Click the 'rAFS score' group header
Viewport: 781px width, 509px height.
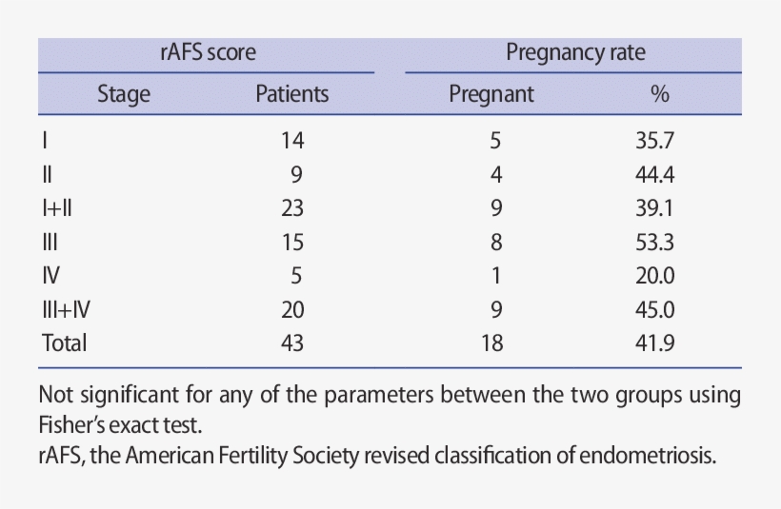point(208,53)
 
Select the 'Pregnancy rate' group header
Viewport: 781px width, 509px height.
point(575,53)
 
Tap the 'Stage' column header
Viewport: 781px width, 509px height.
point(124,94)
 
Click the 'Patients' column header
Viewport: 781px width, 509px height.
point(292,94)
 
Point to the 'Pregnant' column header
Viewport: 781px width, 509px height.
point(491,94)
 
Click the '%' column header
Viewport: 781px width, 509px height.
point(659,94)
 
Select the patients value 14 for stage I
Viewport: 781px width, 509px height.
point(292,141)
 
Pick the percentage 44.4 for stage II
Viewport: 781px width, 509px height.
point(655,175)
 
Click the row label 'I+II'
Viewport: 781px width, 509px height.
point(57,208)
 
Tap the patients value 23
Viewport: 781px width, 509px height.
point(292,208)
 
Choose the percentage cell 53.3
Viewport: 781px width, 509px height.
point(655,243)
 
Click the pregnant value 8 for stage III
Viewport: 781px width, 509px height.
point(495,243)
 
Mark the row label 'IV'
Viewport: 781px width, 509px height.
point(51,276)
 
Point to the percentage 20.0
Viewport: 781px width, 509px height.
point(655,276)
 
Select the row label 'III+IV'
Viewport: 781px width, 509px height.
point(66,309)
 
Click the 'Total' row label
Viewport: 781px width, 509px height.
point(64,343)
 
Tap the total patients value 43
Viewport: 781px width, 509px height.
point(292,343)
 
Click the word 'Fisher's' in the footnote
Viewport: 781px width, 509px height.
point(78,421)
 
